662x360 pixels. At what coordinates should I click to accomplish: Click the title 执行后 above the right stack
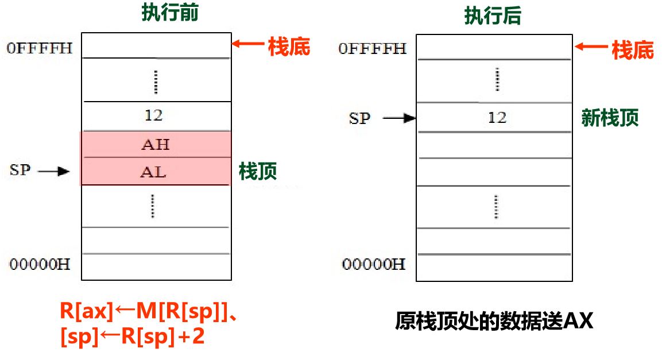[x=493, y=16]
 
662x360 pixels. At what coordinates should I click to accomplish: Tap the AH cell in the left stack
[x=155, y=144]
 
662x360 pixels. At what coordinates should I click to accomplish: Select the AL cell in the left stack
[x=153, y=171]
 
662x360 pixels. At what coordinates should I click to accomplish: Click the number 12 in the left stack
[x=154, y=115]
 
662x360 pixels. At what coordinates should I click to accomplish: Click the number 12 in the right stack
[x=497, y=118]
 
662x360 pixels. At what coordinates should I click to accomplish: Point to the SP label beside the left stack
[x=20, y=170]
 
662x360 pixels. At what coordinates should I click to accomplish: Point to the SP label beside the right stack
[x=360, y=118]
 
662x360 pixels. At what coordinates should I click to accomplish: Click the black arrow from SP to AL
[x=55, y=171]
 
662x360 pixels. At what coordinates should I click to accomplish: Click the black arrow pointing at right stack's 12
[x=399, y=118]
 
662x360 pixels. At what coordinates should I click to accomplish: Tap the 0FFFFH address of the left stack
[x=40, y=48]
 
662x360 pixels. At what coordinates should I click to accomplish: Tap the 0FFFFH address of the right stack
[x=372, y=49]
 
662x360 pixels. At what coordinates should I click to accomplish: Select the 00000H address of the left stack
[x=40, y=264]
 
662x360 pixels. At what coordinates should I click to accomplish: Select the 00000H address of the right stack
[x=374, y=264]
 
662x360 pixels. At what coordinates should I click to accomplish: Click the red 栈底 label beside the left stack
[x=289, y=47]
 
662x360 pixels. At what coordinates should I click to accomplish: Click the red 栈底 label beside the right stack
[x=633, y=50]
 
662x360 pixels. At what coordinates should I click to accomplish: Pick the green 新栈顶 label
[x=610, y=118]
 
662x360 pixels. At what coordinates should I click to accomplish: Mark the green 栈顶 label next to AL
[x=258, y=171]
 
